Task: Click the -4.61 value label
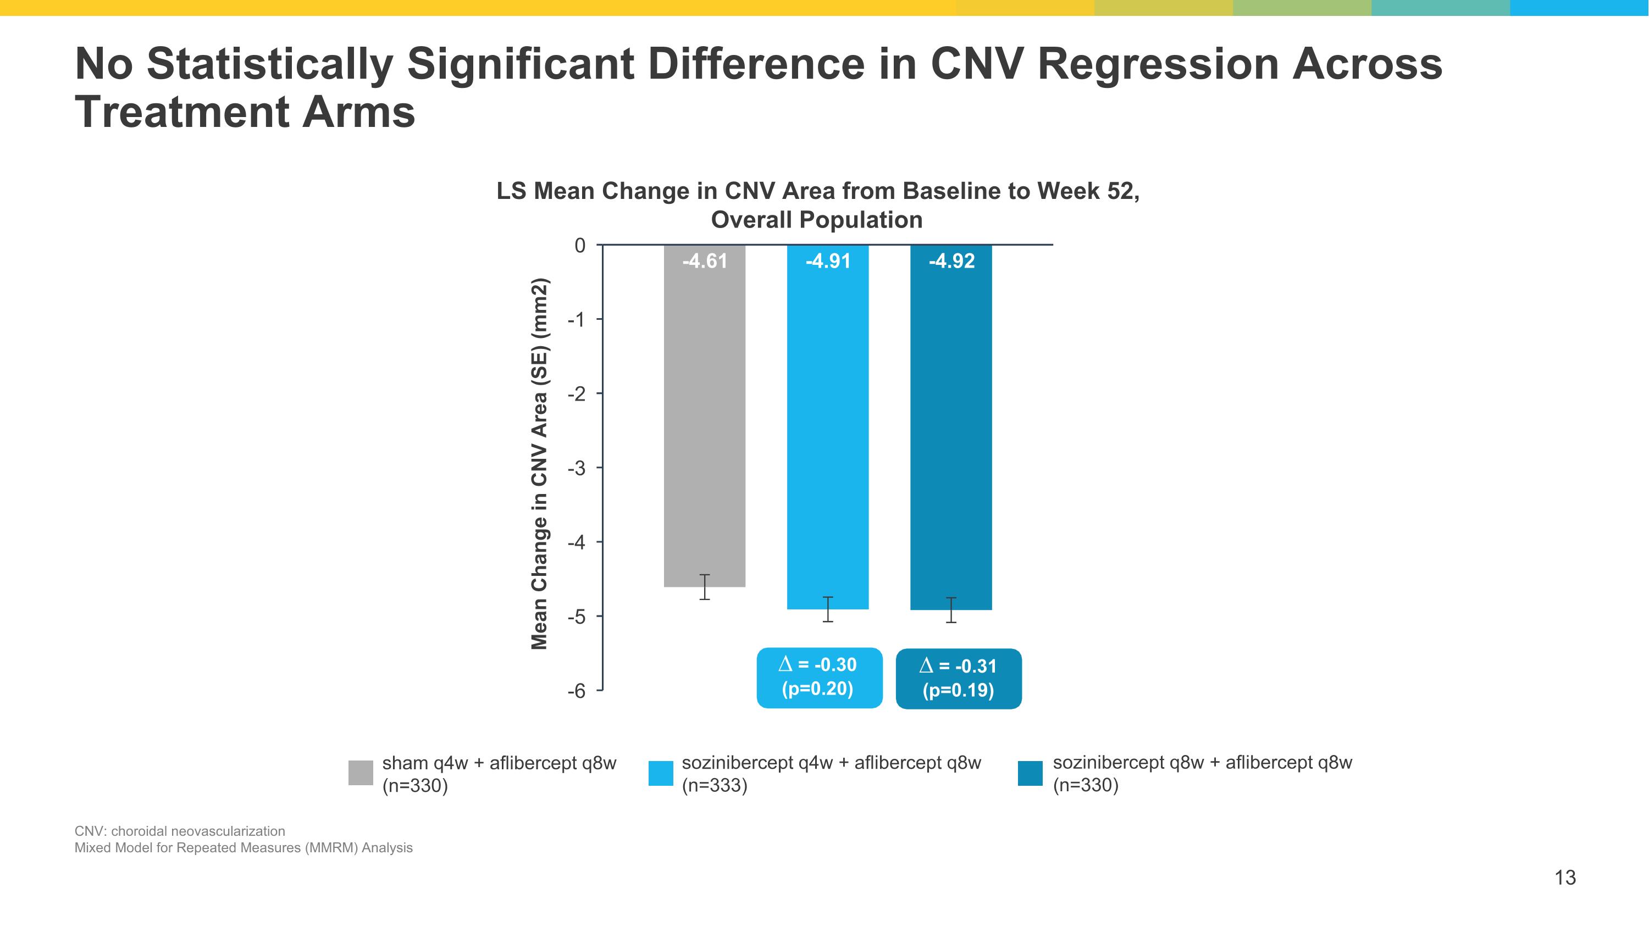click(704, 261)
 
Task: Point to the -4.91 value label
click(828, 261)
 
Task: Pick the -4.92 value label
click(951, 261)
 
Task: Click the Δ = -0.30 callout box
click(819, 678)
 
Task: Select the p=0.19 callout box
click(958, 679)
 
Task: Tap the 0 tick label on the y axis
click(580, 246)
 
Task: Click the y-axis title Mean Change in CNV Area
click(540, 464)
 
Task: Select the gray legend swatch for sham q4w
click(361, 773)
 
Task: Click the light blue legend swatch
click(661, 773)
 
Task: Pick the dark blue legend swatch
click(1030, 773)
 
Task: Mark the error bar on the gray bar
click(704, 587)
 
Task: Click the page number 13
click(1564, 877)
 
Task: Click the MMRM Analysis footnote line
click(244, 848)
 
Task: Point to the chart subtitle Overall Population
click(816, 220)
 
